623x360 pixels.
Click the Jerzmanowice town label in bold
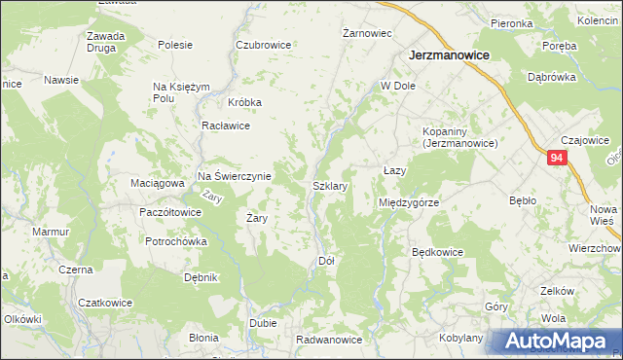(449, 56)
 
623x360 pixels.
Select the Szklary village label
(330, 184)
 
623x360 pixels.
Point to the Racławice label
(226, 126)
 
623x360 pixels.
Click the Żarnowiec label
(367, 33)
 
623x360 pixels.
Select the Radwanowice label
(330, 340)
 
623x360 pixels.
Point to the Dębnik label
(201, 277)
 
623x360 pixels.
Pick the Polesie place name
(175, 45)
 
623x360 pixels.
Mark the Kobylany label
(461, 337)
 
